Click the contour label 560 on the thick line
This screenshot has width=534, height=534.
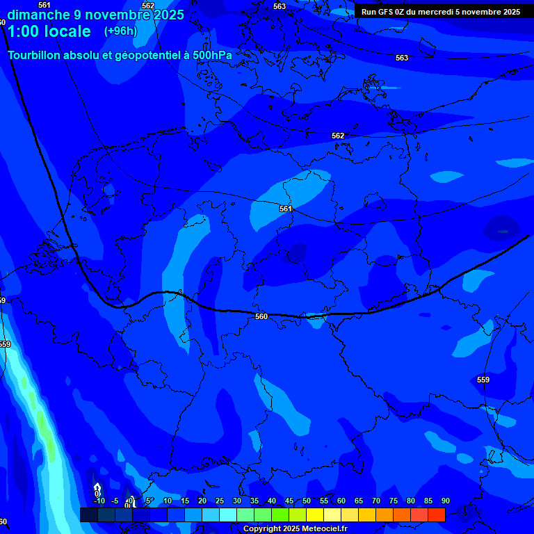[261, 316]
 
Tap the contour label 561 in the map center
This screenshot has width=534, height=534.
[286, 209]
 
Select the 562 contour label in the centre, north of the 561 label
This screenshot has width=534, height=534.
[338, 136]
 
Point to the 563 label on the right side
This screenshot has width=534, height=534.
[402, 58]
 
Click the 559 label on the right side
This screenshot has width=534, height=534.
[483, 380]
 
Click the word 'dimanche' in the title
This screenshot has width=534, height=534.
[38, 15]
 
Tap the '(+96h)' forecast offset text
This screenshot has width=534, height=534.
[120, 31]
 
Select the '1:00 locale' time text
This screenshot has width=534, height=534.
[49, 31]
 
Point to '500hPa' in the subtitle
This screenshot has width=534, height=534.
[212, 54]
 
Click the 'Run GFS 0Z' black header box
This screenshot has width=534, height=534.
[441, 11]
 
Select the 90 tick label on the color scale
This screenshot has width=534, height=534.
[445, 501]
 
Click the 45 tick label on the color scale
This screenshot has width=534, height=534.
[289, 501]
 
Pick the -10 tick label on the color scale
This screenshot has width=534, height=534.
[99, 501]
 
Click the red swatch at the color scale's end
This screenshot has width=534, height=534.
[436, 515]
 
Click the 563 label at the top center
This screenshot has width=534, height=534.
[280, 6]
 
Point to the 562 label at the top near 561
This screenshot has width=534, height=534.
[148, 6]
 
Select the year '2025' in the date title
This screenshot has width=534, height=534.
[169, 15]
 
